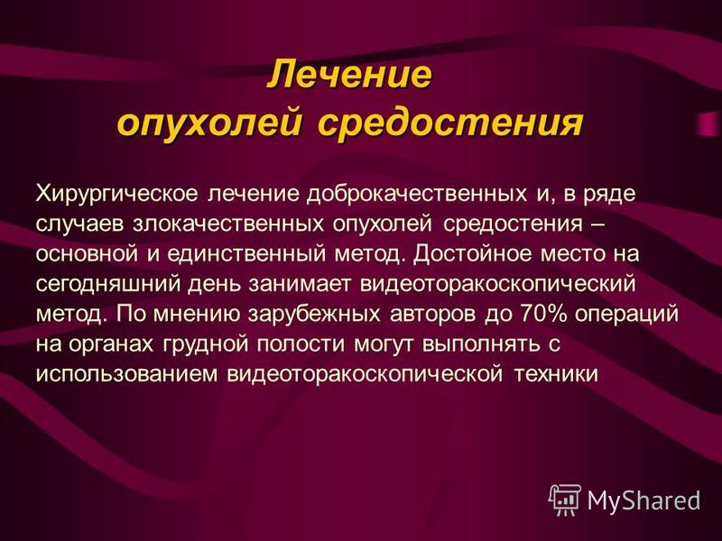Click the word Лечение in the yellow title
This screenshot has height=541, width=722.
point(350,74)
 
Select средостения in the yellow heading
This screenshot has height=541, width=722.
point(450,123)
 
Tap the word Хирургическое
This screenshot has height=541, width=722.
point(117,195)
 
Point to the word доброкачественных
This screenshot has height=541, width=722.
point(417,193)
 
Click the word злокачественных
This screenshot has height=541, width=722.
point(228,224)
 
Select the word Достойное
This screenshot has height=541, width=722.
point(472,254)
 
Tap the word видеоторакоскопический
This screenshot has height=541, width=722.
point(498,284)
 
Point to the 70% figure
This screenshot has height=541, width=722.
point(544,314)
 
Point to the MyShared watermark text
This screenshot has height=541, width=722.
point(643,500)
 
